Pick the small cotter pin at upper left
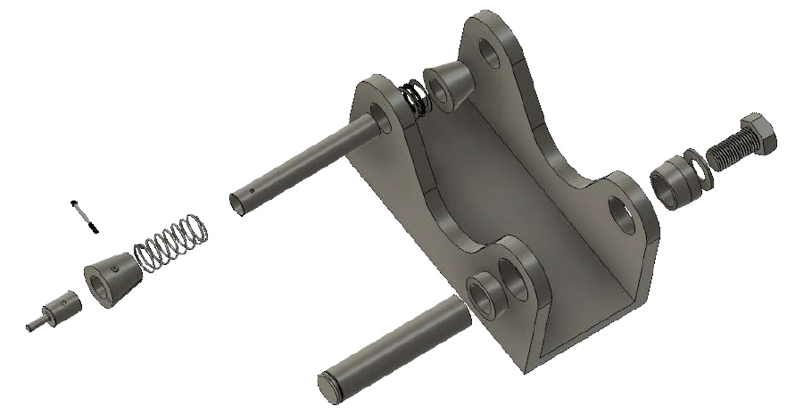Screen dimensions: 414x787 (82, 215)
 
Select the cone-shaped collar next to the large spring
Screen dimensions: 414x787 (112, 277)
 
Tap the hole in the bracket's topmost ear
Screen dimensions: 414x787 (490, 51)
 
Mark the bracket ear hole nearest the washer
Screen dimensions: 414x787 (621, 211)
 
